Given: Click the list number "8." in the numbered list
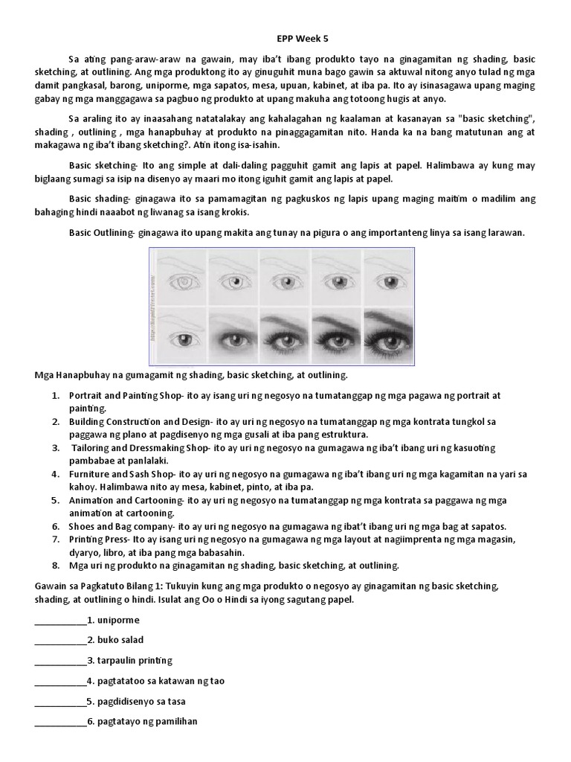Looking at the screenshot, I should point(56,565).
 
